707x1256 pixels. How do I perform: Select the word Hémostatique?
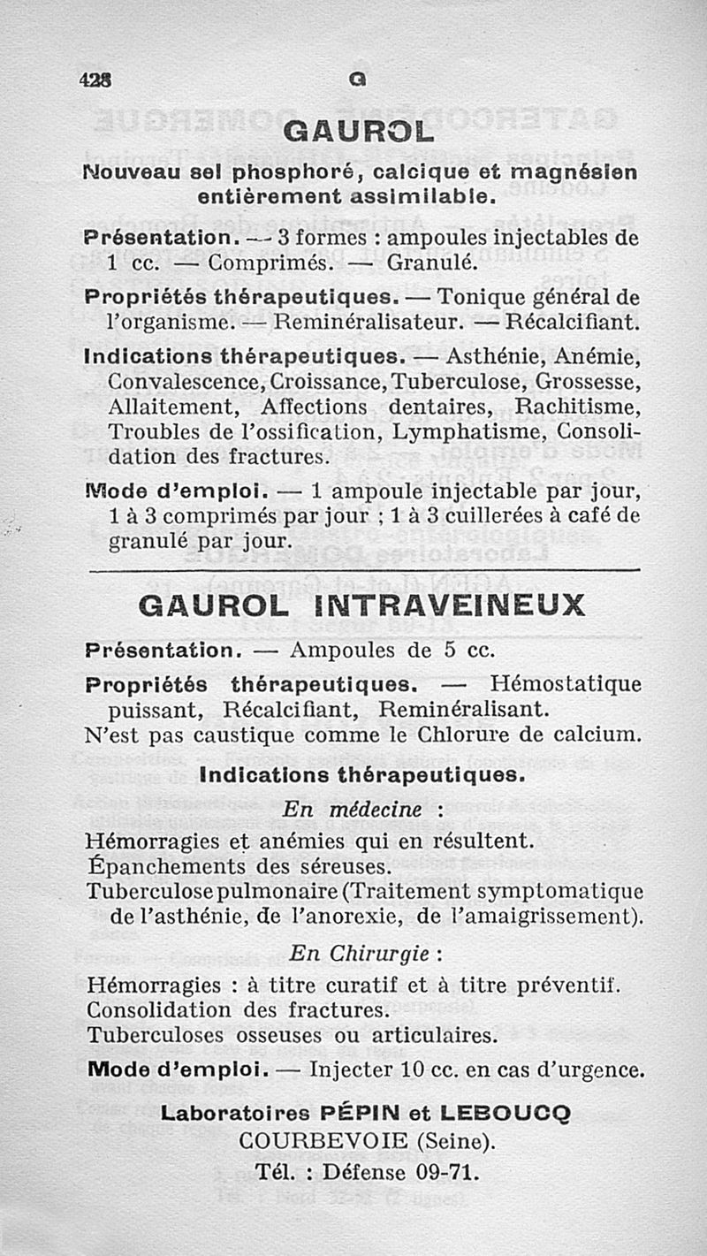566,684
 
